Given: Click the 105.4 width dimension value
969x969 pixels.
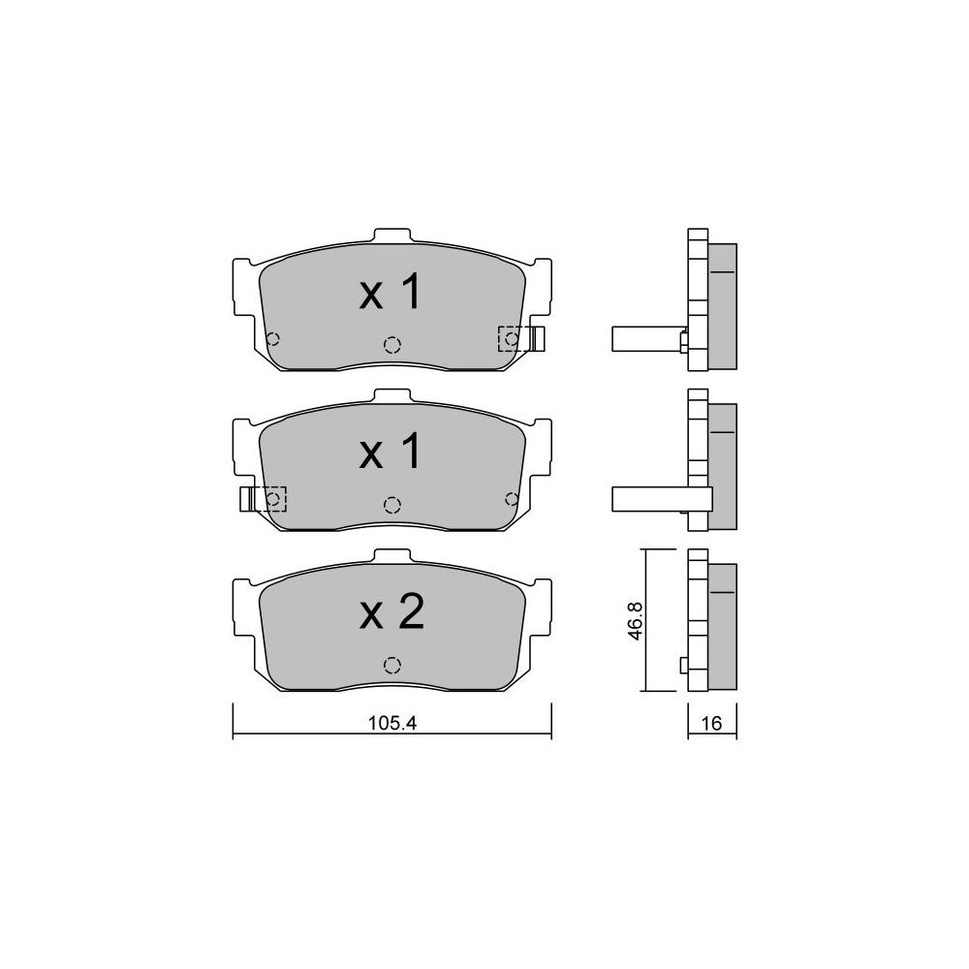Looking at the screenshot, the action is pos(392,723).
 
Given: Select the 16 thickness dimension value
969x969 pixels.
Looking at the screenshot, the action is pos(712,723).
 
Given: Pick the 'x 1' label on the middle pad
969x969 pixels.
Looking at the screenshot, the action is pos(391,451).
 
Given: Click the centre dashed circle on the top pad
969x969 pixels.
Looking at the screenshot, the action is pos(391,345).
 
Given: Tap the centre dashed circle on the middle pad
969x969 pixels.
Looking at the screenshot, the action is pos(391,505).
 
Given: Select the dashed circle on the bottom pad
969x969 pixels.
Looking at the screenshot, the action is pos(391,665).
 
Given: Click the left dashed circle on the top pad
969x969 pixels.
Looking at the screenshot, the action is pos(272,338).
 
